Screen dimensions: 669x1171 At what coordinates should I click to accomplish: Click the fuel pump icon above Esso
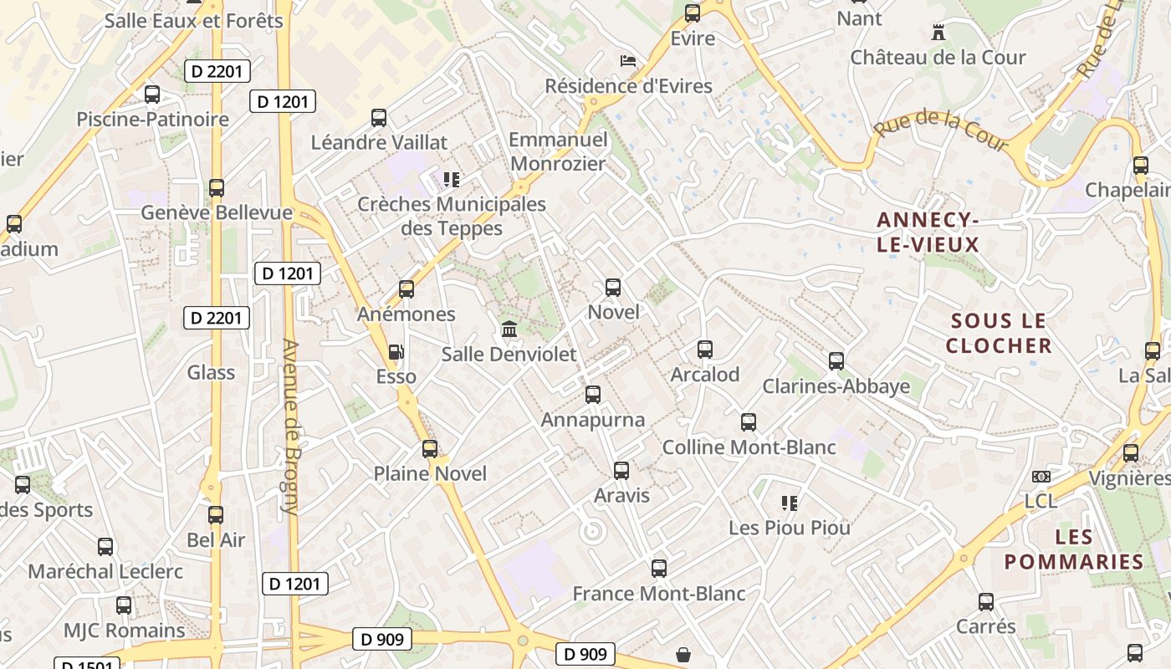point(396,352)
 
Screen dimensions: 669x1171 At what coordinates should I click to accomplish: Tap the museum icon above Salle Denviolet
point(509,329)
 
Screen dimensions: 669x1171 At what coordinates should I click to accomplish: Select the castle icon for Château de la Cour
point(938,33)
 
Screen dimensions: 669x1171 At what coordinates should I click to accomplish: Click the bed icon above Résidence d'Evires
point(627,61)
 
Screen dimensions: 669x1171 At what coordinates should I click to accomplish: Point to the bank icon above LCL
point(1041,476)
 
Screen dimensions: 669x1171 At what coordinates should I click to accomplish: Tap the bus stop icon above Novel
point(613,288)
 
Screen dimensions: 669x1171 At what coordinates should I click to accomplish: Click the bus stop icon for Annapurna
point(593,394)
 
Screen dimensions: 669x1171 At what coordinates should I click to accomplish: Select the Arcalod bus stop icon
point(705,350)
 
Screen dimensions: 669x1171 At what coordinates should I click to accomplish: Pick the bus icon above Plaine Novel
point(430,449)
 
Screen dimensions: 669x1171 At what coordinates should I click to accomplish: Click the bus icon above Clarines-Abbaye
point(836,361)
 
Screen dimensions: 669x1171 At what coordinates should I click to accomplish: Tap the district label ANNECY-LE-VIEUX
point(928,232)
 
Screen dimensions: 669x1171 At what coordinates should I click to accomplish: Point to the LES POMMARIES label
point(1073,549)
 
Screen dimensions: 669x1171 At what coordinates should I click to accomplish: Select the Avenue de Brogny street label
point(290,426)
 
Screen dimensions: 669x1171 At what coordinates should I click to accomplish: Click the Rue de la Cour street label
point(942,132)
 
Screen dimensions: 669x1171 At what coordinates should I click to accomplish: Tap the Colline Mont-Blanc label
point(749,447)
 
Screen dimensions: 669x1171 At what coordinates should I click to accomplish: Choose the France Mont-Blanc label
point(658,594)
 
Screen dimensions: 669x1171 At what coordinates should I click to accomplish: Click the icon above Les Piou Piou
point(789,503)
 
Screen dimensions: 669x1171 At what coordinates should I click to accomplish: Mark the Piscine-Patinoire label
point(152,119)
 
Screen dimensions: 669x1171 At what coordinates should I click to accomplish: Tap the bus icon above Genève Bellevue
point(217,188)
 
